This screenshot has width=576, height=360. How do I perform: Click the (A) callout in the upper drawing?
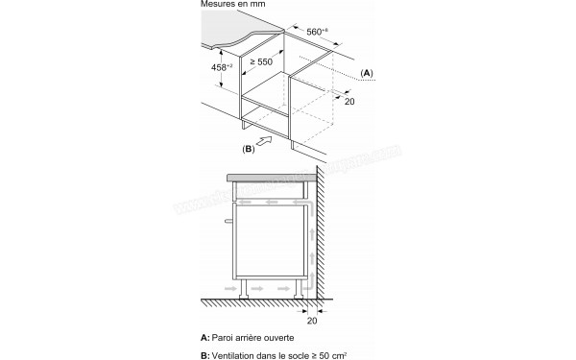pyautogui.click(x=366, y=74)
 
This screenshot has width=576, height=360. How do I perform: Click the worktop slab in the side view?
pyautogui.click(x=275, y=178)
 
